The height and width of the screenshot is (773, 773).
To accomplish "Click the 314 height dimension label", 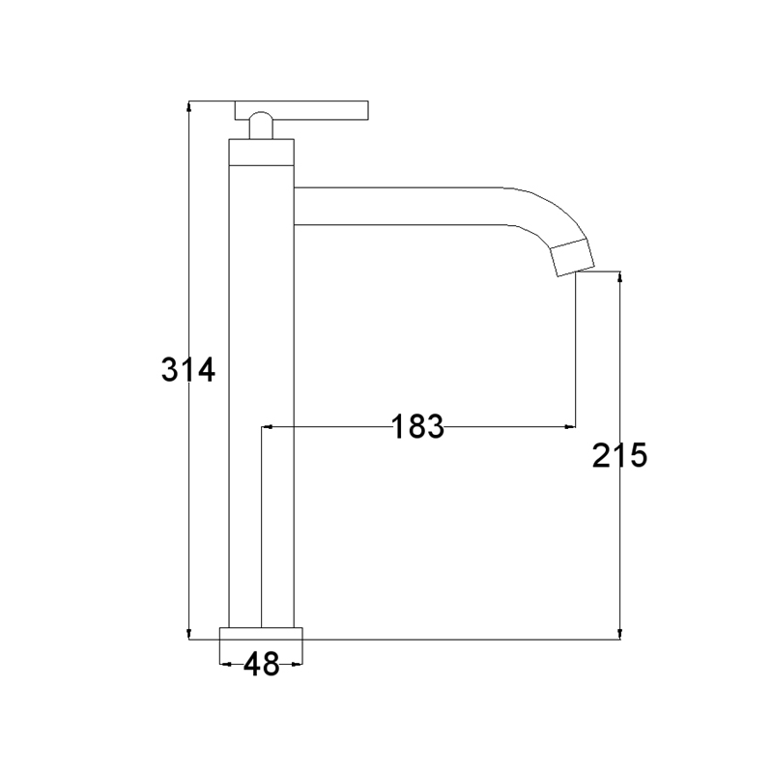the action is [x=188, y=369].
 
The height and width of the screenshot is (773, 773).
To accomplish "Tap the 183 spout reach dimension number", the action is [x=417, y=426].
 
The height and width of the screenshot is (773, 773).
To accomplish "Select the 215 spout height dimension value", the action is [x=619, y=455].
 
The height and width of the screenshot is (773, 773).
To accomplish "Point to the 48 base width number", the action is [x=261, y=664].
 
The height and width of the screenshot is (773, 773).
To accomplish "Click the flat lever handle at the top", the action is [x=301, y=110].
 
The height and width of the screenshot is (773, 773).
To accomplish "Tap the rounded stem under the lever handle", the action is [x=261, y=126].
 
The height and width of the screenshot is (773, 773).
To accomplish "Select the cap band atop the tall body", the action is [x=261, y=152].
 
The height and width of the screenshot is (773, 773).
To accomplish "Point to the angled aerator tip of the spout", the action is [x=572, y=256].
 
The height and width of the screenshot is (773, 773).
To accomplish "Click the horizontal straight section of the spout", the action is [x=398, y=207].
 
